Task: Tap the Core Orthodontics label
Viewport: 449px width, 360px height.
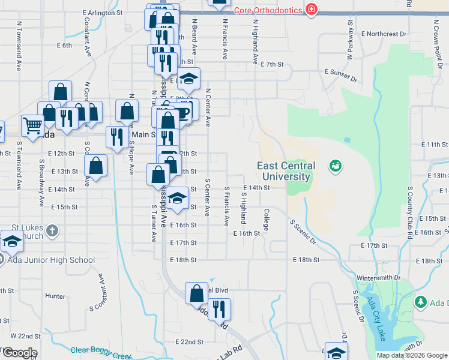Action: click(x=267, y=10)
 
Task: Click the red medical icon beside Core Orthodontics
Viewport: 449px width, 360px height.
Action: click(x=311, y=10)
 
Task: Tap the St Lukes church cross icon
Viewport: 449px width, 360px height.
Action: click(x=52, y=231)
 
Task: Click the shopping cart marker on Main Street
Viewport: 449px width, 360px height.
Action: click(x=32, y=126)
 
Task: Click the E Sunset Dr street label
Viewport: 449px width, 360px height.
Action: click(x=340, y=75)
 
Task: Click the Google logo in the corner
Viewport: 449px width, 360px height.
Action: click(x=19, y=353)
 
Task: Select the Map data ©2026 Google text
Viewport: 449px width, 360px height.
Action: click(x=412, y=355)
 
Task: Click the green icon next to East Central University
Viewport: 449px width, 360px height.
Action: click(x=335, y=165)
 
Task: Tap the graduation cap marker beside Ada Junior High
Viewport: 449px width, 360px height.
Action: click(x=11, y=242)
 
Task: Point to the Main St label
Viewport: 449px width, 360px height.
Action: click(x=144, y=134)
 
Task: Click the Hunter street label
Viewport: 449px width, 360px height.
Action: click(x=55, y=296)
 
